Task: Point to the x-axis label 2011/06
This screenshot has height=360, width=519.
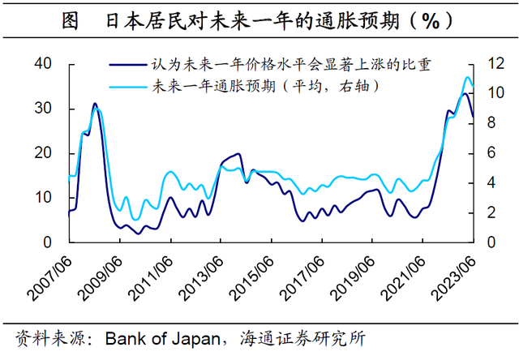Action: point(155,278)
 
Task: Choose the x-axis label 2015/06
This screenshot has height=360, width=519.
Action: point(257,278)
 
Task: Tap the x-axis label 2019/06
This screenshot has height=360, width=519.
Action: point(359,278)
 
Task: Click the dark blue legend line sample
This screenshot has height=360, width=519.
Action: point(127,67)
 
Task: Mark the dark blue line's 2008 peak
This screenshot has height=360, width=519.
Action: point(94,104)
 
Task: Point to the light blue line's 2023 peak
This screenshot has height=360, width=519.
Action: point(467,78)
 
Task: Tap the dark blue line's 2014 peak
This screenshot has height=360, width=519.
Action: point(238,153)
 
